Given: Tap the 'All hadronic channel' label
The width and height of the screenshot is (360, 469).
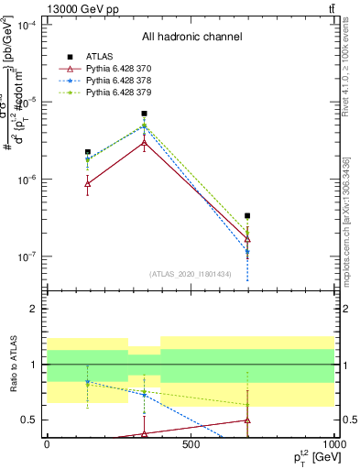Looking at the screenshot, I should pos(191,38).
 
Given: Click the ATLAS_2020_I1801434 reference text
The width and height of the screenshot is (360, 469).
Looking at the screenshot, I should pos(191,274).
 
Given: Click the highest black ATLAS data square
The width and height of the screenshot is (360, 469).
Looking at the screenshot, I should pos(145,114).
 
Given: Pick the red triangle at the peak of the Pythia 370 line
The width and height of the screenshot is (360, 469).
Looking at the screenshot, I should pos(145,143).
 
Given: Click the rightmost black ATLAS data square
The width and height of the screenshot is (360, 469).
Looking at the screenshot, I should pos(247,216).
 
